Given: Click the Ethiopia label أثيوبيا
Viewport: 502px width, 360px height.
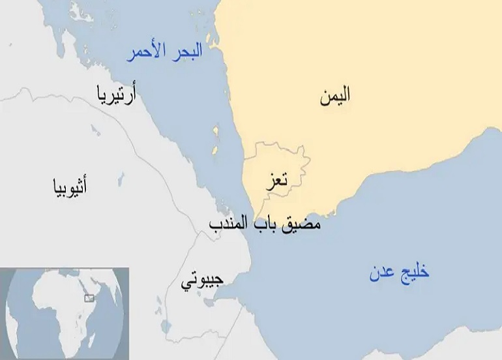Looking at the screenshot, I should pyautogui.click(x=70, y=188).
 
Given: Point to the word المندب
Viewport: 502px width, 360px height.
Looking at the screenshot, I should pyautogui.click(x=229, y=224).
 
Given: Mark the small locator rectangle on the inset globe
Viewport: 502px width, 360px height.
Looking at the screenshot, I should pyautogui.click(x=89, y=298).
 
